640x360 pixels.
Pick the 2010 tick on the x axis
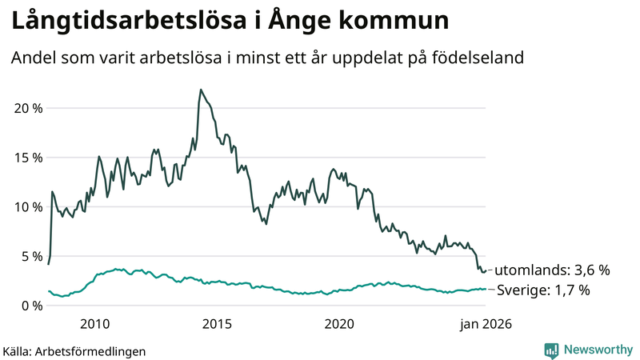[x=95, y=324]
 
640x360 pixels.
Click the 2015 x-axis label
[x=218, y=324]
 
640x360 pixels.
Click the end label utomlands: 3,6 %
[x=551, y=270]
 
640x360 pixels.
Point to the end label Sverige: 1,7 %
[x=543, y=290]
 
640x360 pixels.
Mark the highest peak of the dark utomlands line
[x=200, y=90]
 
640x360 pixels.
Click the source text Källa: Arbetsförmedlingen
[x=74, y=350]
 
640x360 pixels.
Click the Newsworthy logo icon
[x=551, y=350]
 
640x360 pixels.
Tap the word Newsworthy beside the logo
[x=598, y=350]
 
